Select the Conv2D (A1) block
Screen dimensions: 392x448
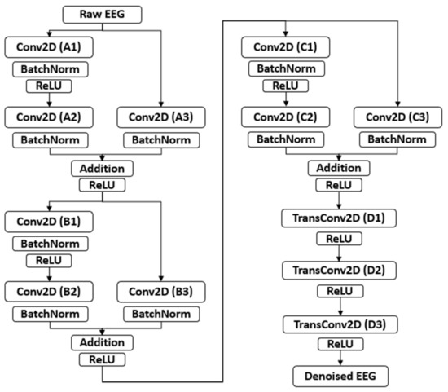[51, 47]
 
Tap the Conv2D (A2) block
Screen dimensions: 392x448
[51, 119]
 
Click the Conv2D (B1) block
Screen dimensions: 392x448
[51, 220]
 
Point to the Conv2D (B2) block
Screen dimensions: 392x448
[51, 291]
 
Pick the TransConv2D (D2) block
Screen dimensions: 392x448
[338, 269]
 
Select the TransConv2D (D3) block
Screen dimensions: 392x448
[338, 325]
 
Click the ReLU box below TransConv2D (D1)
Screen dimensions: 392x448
[338, 240]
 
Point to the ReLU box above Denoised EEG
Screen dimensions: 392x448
[338, 346]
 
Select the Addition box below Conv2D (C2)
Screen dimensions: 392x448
[338, 168]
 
